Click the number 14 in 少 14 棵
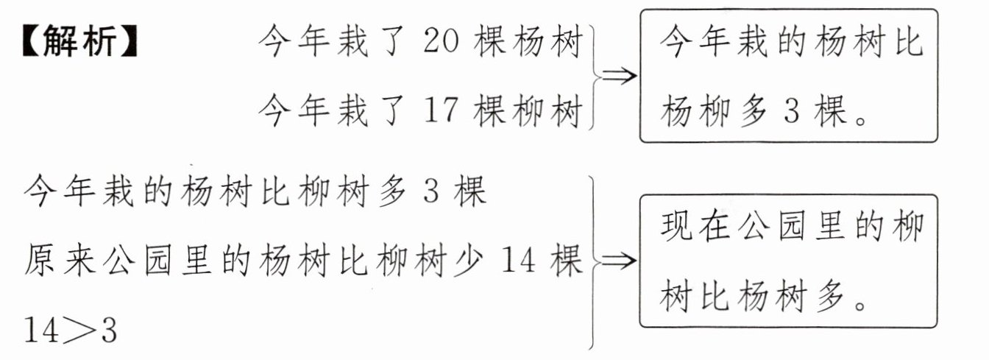click(x=520, y=262)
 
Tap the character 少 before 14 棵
click(x=467, y=262)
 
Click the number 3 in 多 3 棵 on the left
click(x=431, y=194)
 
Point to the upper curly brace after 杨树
click(x=593, y=77)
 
